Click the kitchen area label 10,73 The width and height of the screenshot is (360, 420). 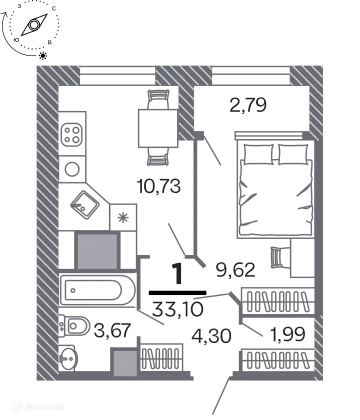(x=158, y=188)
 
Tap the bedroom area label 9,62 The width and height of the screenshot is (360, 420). (x=235, y=270)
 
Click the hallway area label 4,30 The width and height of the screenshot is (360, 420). (x=211, y=336)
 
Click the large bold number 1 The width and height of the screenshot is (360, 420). (x=177, y=274)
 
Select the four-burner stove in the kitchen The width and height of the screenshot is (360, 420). (x=71, y=134)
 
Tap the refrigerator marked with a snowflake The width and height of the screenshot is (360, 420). (x=122, y=217)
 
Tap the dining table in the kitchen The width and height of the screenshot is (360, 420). (x=157, y=128)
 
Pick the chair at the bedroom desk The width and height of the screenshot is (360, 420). (x=277, y=257)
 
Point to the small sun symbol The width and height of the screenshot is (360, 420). (x=43, y=55)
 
